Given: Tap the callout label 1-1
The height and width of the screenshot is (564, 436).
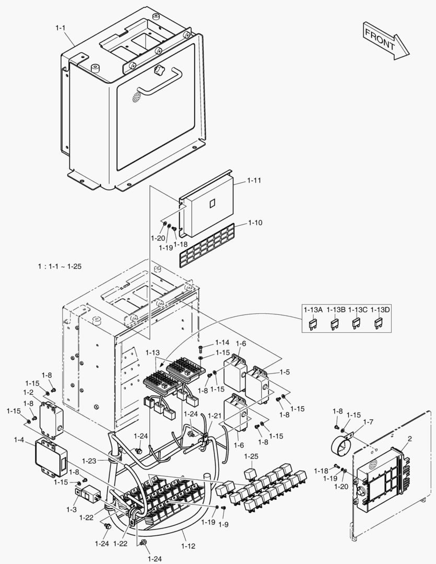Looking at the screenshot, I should click(x=61, y=28).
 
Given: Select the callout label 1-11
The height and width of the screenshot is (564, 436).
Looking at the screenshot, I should click(x=254, y=180).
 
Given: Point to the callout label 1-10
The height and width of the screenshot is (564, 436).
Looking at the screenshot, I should click(x=255, y=222).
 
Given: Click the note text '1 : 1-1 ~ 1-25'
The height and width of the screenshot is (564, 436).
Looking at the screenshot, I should click(x=60, y=266).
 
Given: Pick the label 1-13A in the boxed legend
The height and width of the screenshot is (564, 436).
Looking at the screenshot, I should click(x=313, y=310).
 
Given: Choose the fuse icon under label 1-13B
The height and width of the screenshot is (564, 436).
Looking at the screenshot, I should click(x=335, y=324).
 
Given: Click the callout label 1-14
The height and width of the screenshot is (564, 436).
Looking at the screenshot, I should click(x=222, y=343).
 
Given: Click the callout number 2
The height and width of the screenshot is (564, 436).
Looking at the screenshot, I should click(x=409, y=439).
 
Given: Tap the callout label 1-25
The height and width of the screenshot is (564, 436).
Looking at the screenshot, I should click(x=252, y=457).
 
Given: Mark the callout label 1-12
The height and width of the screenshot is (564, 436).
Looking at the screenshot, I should click(x=188, y=546).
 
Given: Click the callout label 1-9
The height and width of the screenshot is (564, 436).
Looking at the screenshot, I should click(x=223, y=524).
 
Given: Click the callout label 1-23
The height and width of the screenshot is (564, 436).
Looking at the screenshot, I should click(x=89, y=461).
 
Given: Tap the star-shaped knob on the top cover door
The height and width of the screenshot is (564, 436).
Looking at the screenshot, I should click(x=158, y=70).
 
